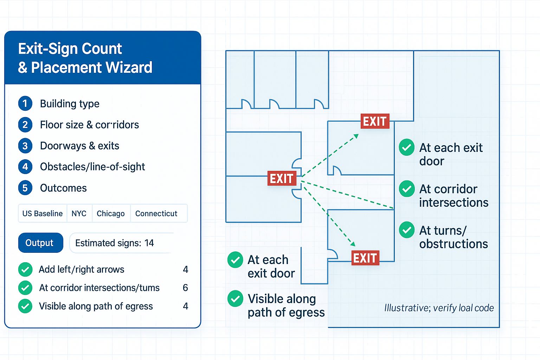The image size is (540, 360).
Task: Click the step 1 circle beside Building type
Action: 25,104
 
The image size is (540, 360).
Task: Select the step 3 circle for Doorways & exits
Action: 25,146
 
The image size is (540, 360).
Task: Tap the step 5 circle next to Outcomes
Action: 25,188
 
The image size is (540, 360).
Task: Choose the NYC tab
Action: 79,213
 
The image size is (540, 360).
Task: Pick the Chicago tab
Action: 110,213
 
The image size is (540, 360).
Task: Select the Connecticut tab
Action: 156,213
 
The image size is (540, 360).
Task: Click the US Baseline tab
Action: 43,213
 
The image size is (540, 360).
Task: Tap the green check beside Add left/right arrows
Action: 25,270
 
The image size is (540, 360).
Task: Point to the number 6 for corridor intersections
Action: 185,288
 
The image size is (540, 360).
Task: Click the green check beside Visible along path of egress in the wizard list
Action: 25,306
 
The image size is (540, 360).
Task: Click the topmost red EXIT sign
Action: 375,121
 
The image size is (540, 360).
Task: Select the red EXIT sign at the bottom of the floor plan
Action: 365,258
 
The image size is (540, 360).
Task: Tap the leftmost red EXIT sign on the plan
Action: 282,179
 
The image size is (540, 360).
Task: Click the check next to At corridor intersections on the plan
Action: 407,189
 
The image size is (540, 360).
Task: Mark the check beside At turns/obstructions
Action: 407,230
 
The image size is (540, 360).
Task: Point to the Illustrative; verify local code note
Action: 439,308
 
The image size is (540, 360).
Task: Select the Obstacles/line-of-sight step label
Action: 92,167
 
